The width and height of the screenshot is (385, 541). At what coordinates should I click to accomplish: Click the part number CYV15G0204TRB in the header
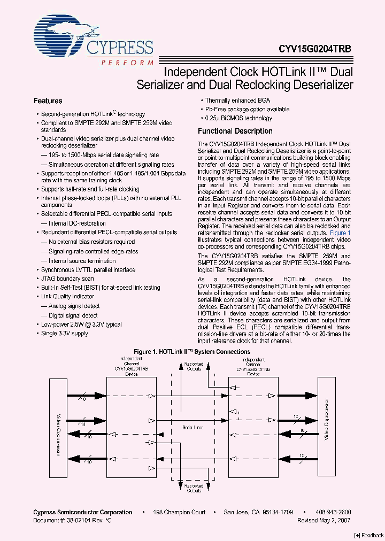point(315,48)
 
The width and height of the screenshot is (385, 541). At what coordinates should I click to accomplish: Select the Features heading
point(48,101)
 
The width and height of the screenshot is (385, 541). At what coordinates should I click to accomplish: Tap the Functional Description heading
point(235,131)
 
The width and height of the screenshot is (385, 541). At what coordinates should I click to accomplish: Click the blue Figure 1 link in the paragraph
point(340,234)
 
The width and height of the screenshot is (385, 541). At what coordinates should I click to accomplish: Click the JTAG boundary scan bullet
point(67,279)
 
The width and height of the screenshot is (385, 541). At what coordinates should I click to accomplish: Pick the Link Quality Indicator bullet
point(67,297)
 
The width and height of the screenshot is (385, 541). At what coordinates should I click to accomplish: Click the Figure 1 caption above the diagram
point(192,352)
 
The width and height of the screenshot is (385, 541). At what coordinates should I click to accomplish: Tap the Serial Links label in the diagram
point(192,428)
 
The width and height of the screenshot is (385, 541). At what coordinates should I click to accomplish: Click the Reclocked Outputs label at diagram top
point(194,366)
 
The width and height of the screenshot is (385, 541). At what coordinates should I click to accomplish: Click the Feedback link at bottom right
point(368,535)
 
